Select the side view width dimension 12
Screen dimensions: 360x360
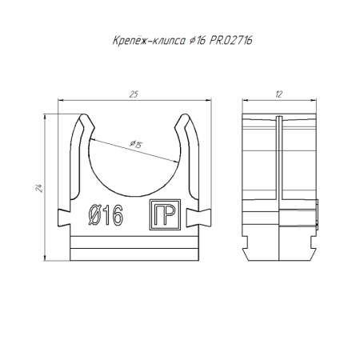pyautogui.click(x=277, y=95)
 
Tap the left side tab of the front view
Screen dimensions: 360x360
pyautogui.click(x=66, y=215)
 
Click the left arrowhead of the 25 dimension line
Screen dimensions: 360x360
pyautogui.click(x=64, y=102)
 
